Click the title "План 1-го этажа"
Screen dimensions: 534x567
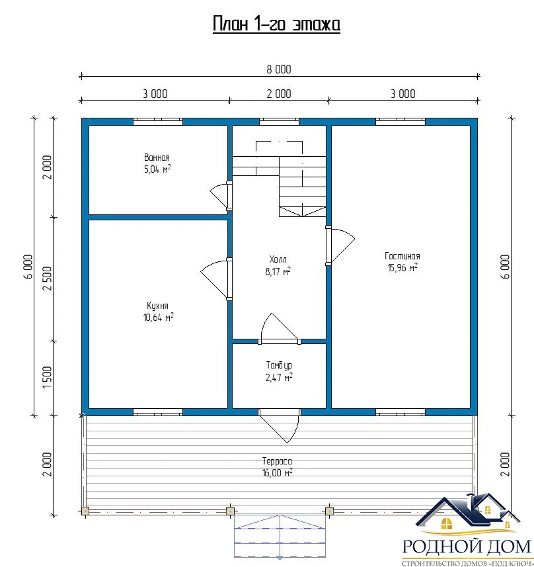click(276, 24)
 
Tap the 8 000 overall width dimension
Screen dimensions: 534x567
click(278, 69)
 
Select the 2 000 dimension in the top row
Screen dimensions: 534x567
click(278, 94)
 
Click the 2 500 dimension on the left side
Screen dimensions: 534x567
click(48, 278)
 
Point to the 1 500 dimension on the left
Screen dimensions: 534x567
click(48, 377)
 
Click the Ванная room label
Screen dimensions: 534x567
click(157, 157)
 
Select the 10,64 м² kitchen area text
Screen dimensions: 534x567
click(158, 317)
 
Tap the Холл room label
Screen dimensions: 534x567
click(278, 259)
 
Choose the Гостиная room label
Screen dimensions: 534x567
click(402, 256)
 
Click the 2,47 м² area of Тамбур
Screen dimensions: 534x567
click(278, 377)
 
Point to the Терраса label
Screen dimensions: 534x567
click(277, 461)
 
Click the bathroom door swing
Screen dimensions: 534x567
click(220, 195)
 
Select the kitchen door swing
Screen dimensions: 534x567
click(215, 279)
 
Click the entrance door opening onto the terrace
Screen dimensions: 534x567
click(279, 426)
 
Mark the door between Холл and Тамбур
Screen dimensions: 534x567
click(280, 328)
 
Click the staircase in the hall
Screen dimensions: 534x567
click(279, 179)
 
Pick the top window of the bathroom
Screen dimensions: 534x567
click(158, 122)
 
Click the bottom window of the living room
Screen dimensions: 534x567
click(400, 412)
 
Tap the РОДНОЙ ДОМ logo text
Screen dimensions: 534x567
click(467, 546)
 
